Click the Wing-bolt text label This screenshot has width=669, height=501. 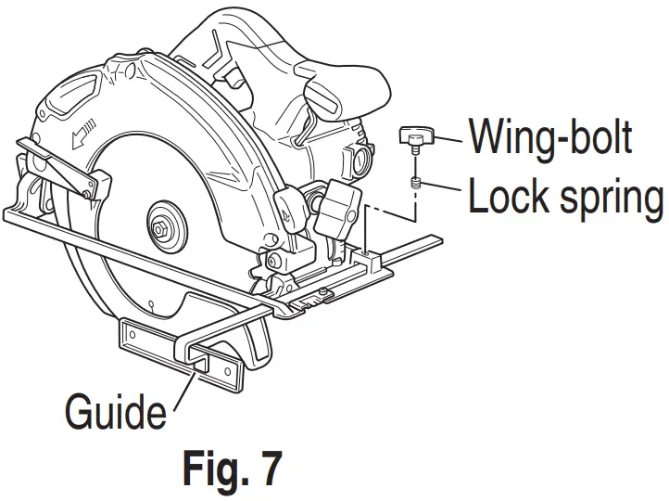tap(550, 136)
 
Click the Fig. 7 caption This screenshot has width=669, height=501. tap(231, 469)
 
